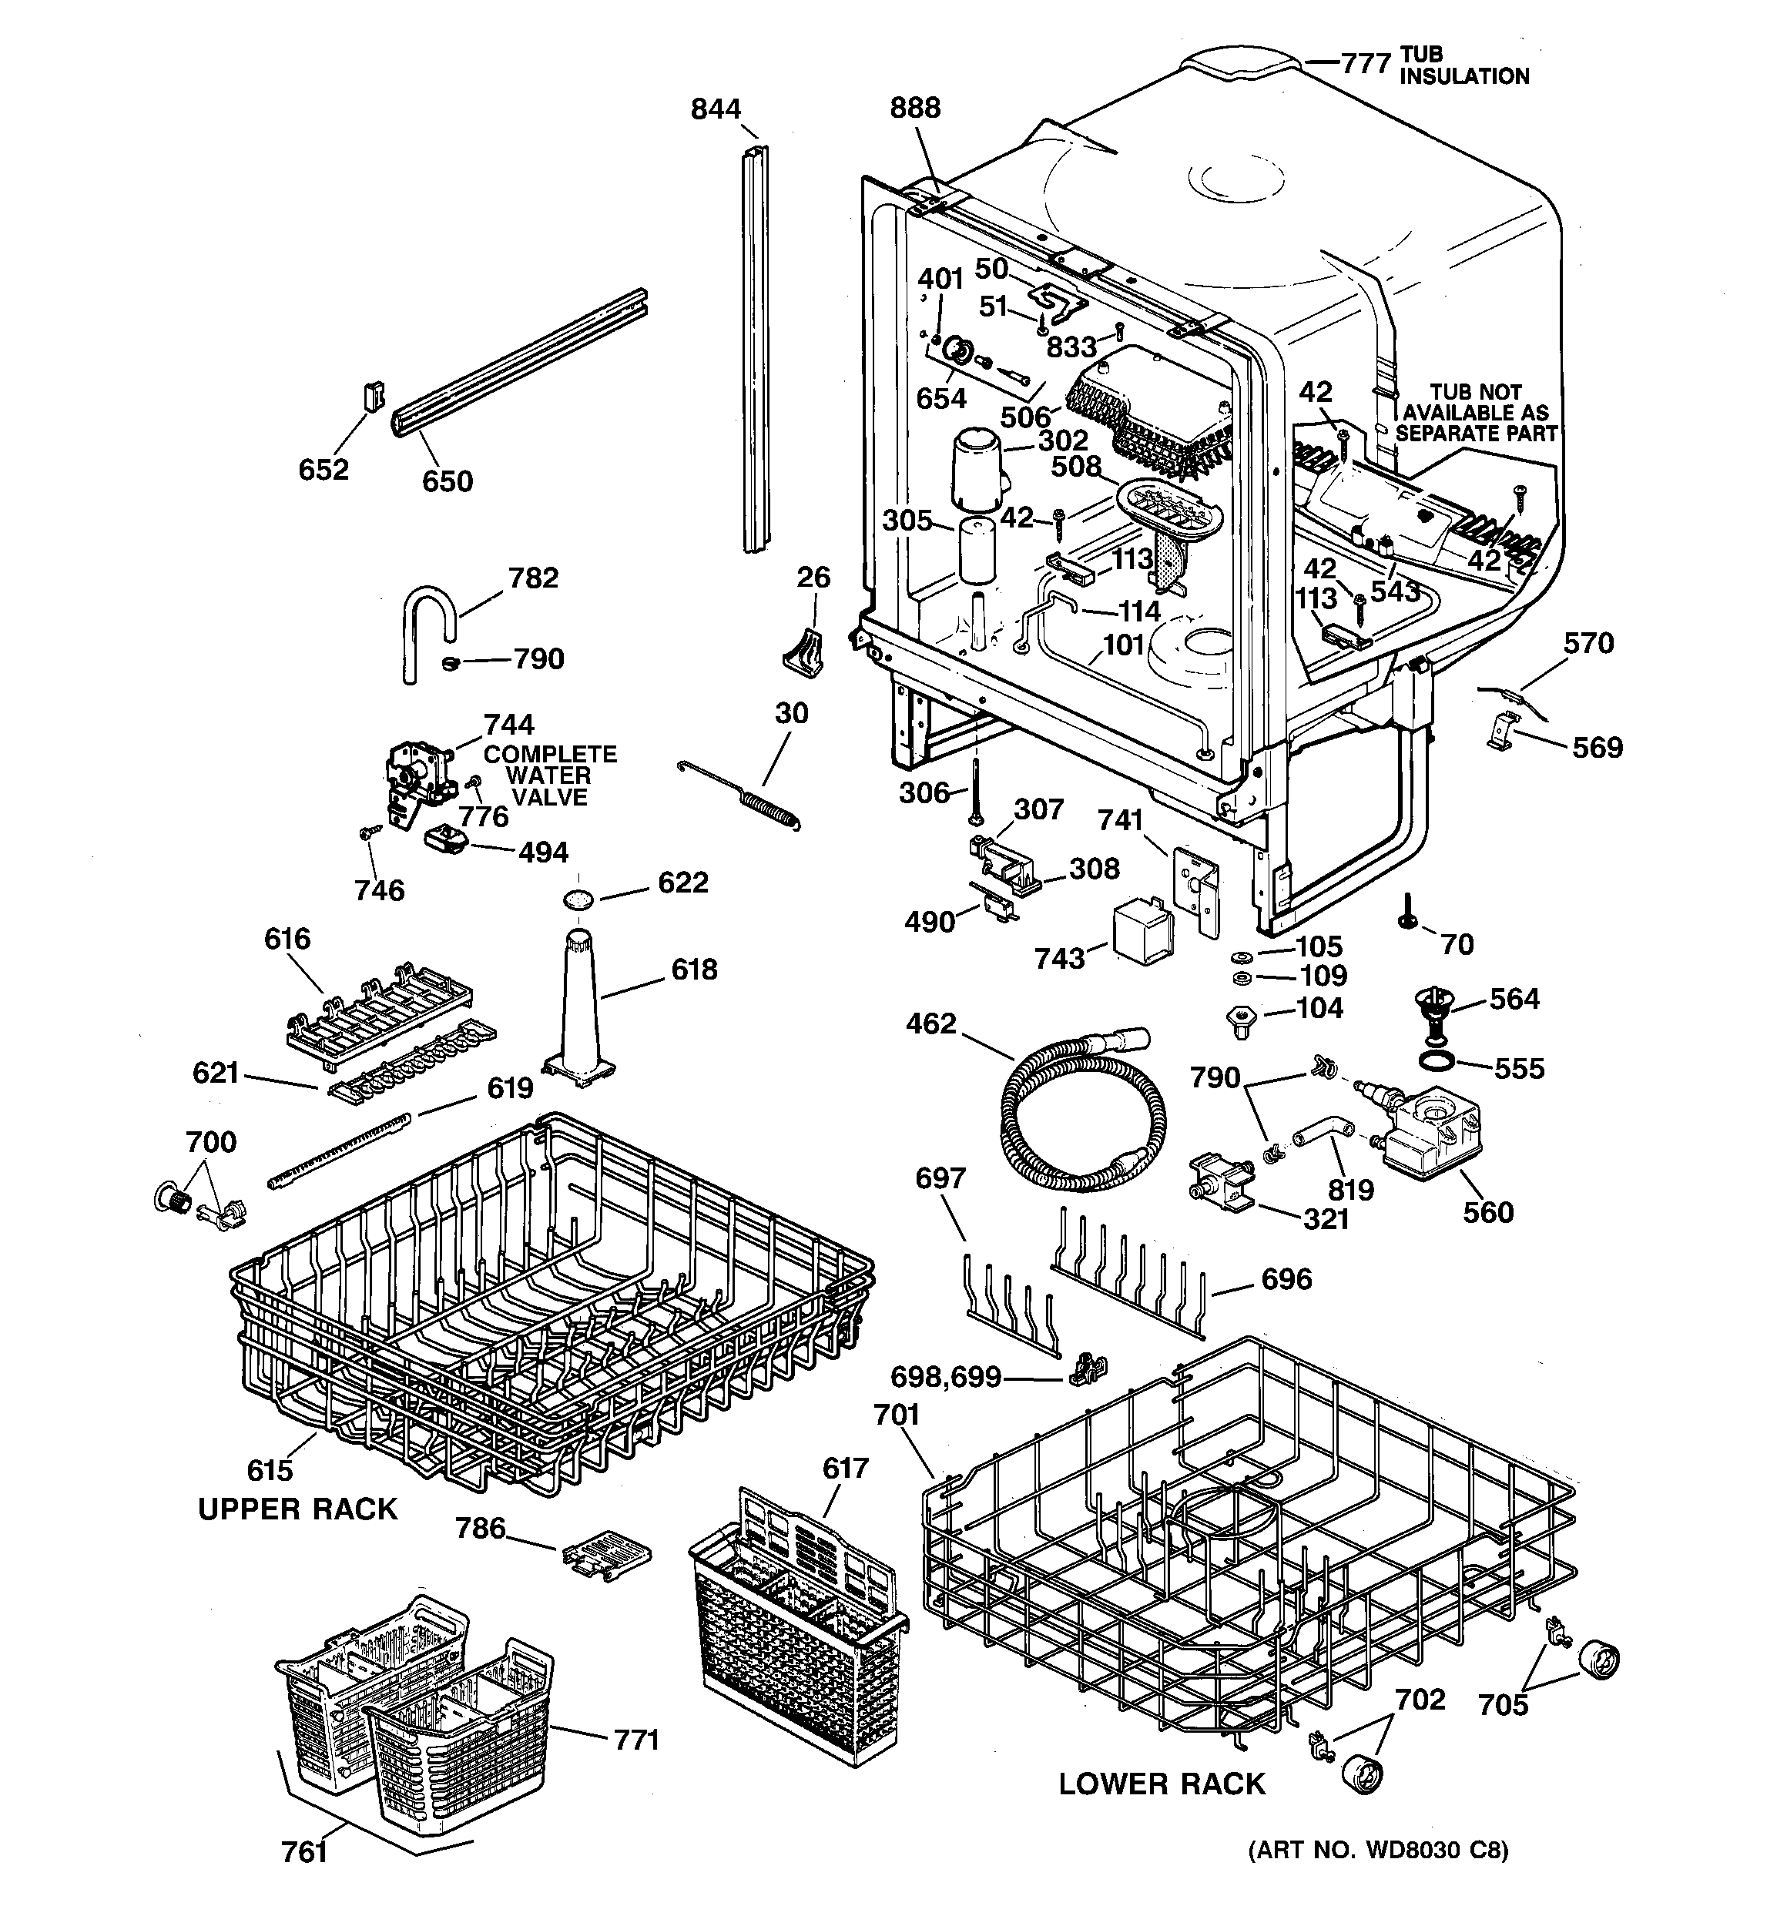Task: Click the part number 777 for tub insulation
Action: [1365, 63]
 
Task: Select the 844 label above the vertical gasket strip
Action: [716, 109]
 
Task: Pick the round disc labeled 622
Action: [578, 899]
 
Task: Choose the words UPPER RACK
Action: [297, 1509]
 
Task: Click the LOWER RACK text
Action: [1162, 1784]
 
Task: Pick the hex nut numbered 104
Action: [1241, 1021]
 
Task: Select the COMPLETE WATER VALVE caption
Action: [550, 775]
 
